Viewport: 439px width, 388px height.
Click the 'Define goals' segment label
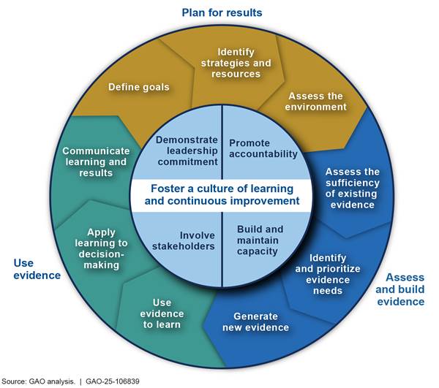click(138, 88)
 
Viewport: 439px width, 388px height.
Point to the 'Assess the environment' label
click(316, 101)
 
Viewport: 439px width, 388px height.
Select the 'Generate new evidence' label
click(256, 322)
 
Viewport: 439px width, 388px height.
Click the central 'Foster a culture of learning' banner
click(219, 194)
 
